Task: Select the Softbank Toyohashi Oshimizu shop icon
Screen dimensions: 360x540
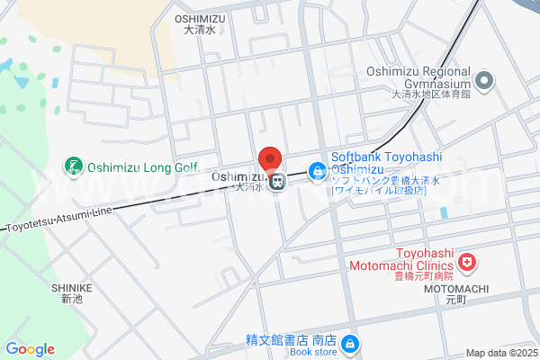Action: [x=316, y=169]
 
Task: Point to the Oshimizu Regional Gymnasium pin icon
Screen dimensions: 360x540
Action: [x=485, y=82]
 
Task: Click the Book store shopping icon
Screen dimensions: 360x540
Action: [x=350, y=343]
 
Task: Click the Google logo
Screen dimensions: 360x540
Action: [x=30, y=349]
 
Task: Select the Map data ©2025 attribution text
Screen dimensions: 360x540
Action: [x=500, y=353]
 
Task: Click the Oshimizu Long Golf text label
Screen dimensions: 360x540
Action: [x=141, y=166]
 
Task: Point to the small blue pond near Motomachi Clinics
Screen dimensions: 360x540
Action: [x=443, y=213]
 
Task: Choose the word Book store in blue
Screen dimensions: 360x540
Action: [x=312, y=353]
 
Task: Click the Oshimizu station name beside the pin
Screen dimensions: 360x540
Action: [x=238, y=177]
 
